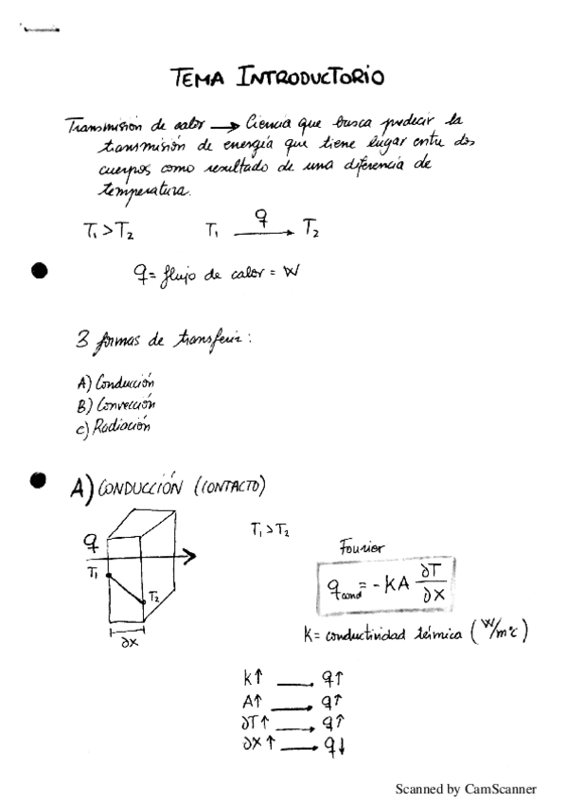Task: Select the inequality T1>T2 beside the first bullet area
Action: click(109, 230)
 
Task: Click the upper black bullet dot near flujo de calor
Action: click(39, 272)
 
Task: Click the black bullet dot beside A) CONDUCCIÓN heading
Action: click(39, 480)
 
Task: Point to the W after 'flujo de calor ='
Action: click(291, 274)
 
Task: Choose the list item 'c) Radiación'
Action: click(112, 428)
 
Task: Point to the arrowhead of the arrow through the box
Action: click(191, 557)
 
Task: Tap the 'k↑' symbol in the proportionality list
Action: click(252, 679)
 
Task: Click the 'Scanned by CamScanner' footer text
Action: click(465, 788)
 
